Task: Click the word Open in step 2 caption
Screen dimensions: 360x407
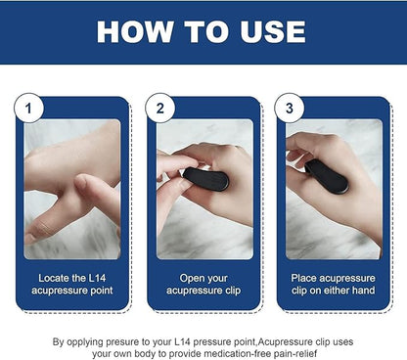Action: tap(183, 277)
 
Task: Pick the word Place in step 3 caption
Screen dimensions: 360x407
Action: tap(305, 277)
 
